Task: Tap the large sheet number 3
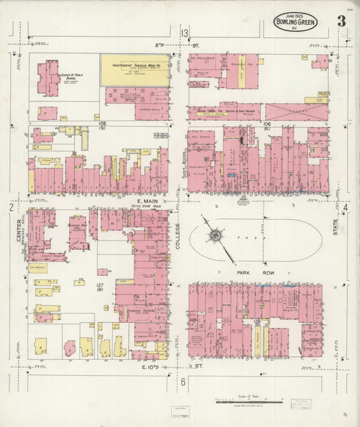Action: tap(342, 20)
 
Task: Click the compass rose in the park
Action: tap(216, 236)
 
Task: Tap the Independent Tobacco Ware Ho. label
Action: tap(134, 65)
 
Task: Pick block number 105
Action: tap(102, 124)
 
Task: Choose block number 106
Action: tap(266, 124)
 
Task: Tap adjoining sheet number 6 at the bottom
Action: tap(183, 382)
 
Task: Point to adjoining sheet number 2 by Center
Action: tap(11, 207)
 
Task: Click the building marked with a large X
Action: tap(296, 111)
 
